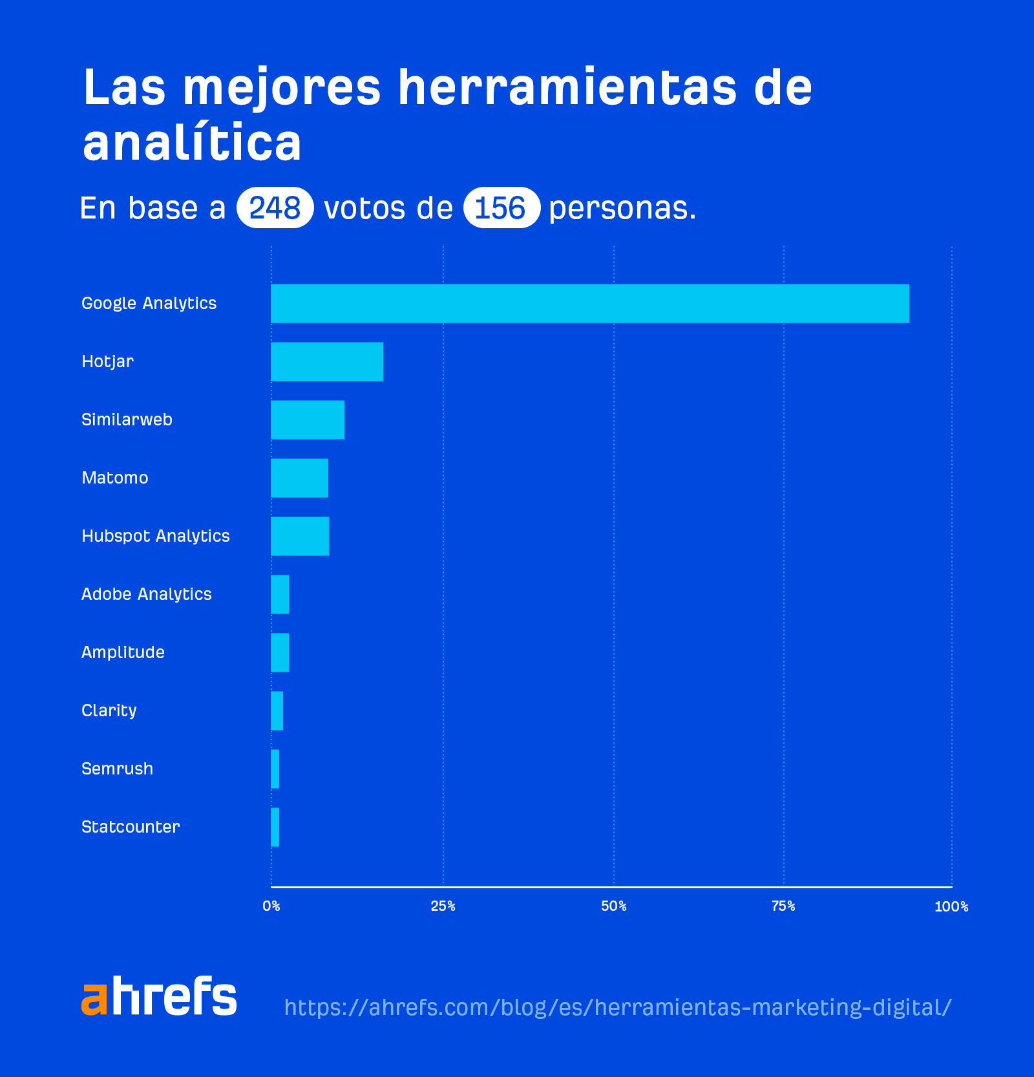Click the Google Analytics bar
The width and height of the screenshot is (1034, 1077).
coord(589,303)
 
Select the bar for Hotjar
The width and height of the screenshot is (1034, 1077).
coord(326,361)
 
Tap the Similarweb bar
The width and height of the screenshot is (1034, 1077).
coord(307,420)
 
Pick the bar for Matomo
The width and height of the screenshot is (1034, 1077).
coord(299,478)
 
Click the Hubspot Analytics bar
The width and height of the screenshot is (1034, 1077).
coord(299,536)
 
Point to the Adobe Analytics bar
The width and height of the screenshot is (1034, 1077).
coord(280,594)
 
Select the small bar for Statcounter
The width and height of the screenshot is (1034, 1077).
coord(275,827)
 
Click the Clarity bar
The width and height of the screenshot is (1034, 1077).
coord(277,710)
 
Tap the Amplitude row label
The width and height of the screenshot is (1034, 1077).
coord(123,652)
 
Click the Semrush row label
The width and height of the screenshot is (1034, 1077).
coord(117,769)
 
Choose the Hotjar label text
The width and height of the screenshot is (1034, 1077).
coord(107,361)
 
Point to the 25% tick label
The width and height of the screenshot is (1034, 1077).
coord(443,906)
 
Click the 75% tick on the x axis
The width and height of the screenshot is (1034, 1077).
coord(783,906)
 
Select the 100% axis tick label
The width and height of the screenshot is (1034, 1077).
coord(951,907)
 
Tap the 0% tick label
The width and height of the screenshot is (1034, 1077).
coord(271,906)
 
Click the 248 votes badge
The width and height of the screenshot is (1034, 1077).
coord(275,208)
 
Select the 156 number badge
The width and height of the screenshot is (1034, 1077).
coord(501,208)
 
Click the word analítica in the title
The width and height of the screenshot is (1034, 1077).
coord(192,143)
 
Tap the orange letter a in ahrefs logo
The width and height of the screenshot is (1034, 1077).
coord(94,999)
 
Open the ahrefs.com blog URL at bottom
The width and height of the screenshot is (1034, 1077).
coord(617,1007)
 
